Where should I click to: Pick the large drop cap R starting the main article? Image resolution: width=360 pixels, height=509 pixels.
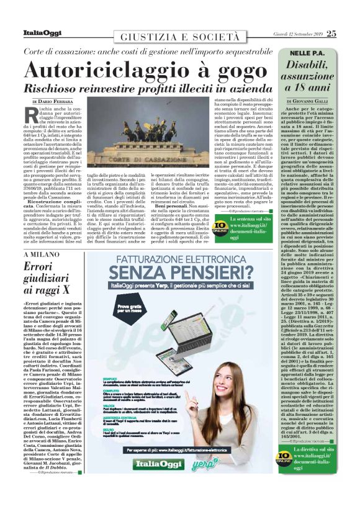click(x=29, y=115)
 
